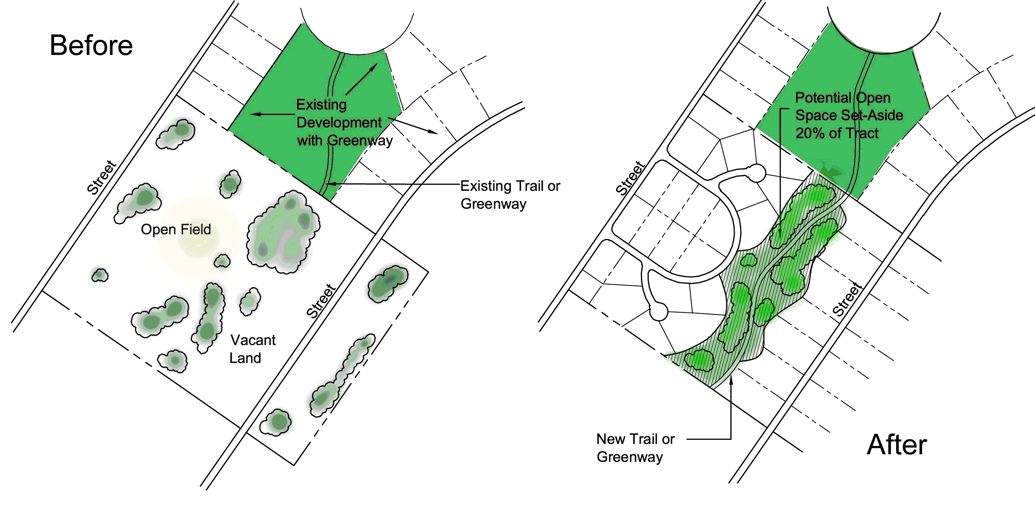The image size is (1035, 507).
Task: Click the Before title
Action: pyautogui.click(x=91, y=45)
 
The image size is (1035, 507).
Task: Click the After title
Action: pyautogui.click(x=897, y=445)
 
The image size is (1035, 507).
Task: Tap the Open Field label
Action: pyautogui.click(x=175, y=229)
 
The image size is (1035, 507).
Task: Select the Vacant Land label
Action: pyautogui.click(x=252, y=349)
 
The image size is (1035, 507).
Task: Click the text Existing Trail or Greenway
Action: pyautogui.click(x=510, y=195)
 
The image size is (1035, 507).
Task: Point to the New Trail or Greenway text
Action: pyautogui.click(x=635, y=448)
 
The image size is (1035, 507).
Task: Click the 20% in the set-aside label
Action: pyautogui.click(x=809, y=133)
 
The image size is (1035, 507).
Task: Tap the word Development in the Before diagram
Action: pyautogui.click(x=339, y=123)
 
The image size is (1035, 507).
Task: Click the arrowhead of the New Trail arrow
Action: pyautogui.click(x=731, y=379)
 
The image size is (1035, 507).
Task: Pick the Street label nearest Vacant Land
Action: pyautogui.click(x=320, y=301)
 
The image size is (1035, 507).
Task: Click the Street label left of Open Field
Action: pyautogui.click(x=101, y=177)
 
